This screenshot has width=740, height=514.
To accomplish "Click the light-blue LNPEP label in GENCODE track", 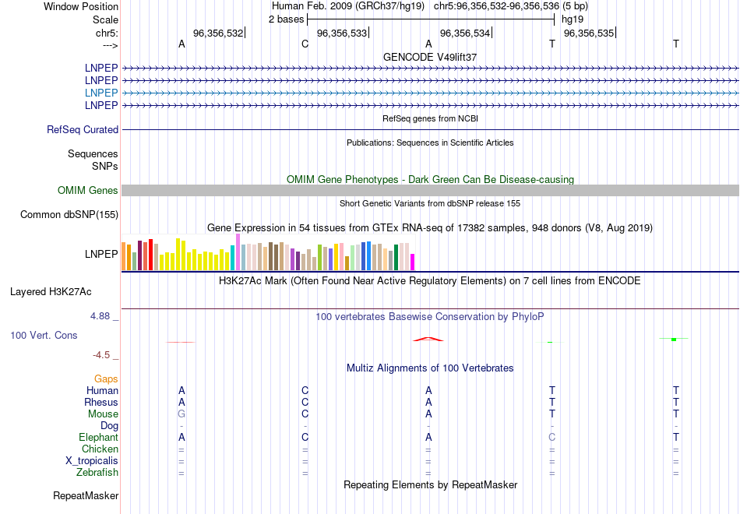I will [101, 93].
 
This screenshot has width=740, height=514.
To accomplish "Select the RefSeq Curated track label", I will [83, 130].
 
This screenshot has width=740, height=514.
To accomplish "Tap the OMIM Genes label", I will [87, 191].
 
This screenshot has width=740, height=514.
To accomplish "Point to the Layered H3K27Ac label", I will [51, 292].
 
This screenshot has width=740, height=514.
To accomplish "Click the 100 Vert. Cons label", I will [44, 335].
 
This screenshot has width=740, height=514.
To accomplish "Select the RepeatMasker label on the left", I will [86, 496].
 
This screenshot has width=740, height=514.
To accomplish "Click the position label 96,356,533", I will [341, 33].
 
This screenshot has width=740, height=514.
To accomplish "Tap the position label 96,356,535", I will [588, 33].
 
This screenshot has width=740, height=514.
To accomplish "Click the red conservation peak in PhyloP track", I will [428, 339].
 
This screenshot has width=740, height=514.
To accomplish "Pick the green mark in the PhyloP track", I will [674, 339].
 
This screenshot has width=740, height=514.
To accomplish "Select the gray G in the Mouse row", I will [181, 414].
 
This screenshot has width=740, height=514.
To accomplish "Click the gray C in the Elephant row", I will [551, 438].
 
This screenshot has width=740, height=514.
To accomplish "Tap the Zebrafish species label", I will [97, 473].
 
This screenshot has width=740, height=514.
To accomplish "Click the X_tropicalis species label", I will [92, 461].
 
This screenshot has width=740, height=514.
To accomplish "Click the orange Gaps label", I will [106, 379].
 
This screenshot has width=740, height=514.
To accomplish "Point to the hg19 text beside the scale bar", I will [572, 19].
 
